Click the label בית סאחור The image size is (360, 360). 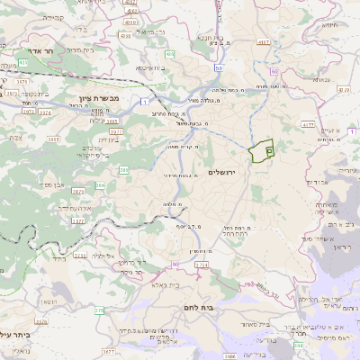[x=255, y=323]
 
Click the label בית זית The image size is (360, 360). [x=107, y=140]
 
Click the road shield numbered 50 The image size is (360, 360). [x=219, y=67]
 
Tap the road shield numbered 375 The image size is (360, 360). [x=98, y=310]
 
